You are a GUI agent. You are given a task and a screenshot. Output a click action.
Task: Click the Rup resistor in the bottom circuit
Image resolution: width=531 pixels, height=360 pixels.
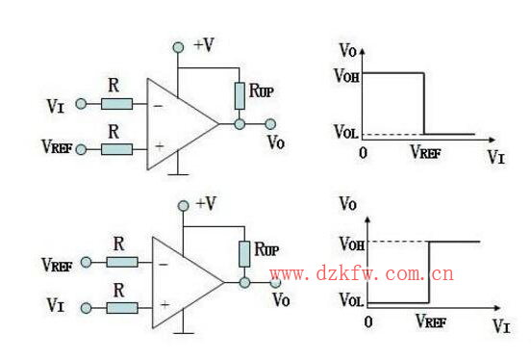point(244,254)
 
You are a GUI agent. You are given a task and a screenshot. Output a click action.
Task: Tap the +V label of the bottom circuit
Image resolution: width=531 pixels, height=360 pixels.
point(207,203)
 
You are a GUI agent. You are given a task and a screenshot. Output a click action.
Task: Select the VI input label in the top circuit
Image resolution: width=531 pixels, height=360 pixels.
point(56,103)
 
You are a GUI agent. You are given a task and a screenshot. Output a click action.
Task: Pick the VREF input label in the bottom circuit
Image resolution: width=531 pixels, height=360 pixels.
point(58,262)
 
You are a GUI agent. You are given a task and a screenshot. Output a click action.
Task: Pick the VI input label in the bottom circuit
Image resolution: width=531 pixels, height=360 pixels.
point(56,307)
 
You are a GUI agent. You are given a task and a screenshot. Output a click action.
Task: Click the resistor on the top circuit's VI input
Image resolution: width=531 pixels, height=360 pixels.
point(116,103)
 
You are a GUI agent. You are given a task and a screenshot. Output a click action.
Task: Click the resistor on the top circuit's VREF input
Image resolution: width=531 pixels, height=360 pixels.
point(116,148)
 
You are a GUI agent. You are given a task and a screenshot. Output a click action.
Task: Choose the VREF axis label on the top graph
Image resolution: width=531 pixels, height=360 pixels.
point(425,152)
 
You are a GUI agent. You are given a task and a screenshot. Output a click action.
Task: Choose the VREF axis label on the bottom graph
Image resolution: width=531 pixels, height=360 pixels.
point(431,321)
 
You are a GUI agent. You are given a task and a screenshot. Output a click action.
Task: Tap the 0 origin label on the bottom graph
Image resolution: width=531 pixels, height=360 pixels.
point(368,320)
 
